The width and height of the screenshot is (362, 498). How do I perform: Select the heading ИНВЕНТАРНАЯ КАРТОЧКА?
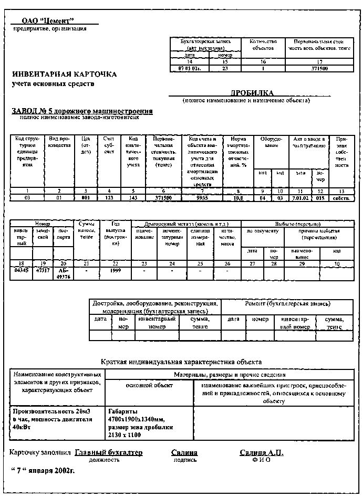pos(65,75)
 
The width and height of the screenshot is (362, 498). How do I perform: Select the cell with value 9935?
pos(202,198)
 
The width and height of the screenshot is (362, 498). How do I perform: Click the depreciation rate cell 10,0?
pos(239,198)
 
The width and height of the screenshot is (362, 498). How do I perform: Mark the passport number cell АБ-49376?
pos(63,272)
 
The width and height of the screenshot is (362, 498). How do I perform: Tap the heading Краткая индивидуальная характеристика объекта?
pos(181,362)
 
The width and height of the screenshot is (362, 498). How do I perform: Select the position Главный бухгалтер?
pos(109,452)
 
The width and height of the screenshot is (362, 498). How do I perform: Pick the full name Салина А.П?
pos(261,452)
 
